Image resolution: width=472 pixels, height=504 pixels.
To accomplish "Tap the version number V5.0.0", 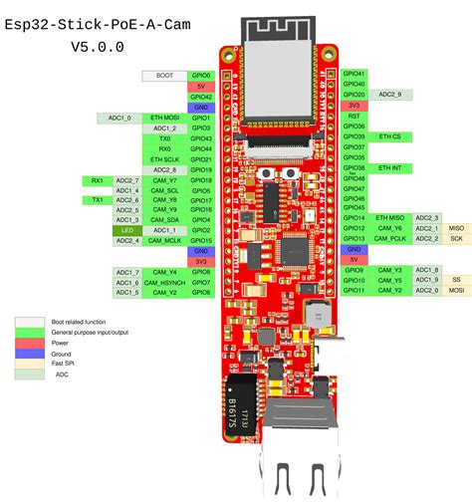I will pos(98,47).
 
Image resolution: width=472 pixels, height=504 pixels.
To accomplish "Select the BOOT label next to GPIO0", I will pos(164,75).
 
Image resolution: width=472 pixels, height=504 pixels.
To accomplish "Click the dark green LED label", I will pos(127,230).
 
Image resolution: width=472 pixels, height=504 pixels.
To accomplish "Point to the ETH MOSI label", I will pos(164,118).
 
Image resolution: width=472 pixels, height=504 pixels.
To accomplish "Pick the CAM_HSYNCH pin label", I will pos(164,282).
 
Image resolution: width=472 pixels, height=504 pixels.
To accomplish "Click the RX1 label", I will pos(98,181).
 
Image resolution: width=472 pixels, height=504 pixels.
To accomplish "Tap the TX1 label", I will pos(98,200).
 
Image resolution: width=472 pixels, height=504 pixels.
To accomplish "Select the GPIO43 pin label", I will pos(201,138).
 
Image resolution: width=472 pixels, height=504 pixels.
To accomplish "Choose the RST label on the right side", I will pos(354,116).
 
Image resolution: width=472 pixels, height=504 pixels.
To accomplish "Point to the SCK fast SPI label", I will pos(456,239).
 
